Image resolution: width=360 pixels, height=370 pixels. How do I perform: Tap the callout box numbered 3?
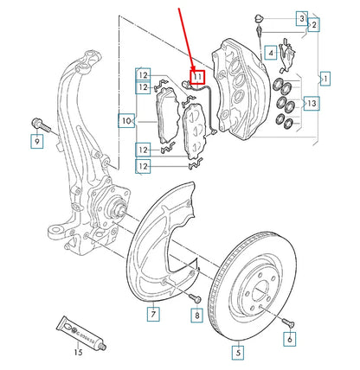(301, 17)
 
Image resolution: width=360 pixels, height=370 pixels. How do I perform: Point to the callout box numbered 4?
(271, 53)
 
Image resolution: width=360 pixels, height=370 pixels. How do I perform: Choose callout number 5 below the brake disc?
(237, 351)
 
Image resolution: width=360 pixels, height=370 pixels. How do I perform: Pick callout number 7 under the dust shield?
(152, 312)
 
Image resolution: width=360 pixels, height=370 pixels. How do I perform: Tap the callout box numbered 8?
(197, 316)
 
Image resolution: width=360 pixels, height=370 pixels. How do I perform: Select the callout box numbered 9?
(36, 140)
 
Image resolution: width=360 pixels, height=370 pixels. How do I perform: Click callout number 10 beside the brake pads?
(127, 121)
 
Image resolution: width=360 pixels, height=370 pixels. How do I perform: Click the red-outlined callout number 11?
(197, 77)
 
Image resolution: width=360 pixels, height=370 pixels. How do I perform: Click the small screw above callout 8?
(196, 297)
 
